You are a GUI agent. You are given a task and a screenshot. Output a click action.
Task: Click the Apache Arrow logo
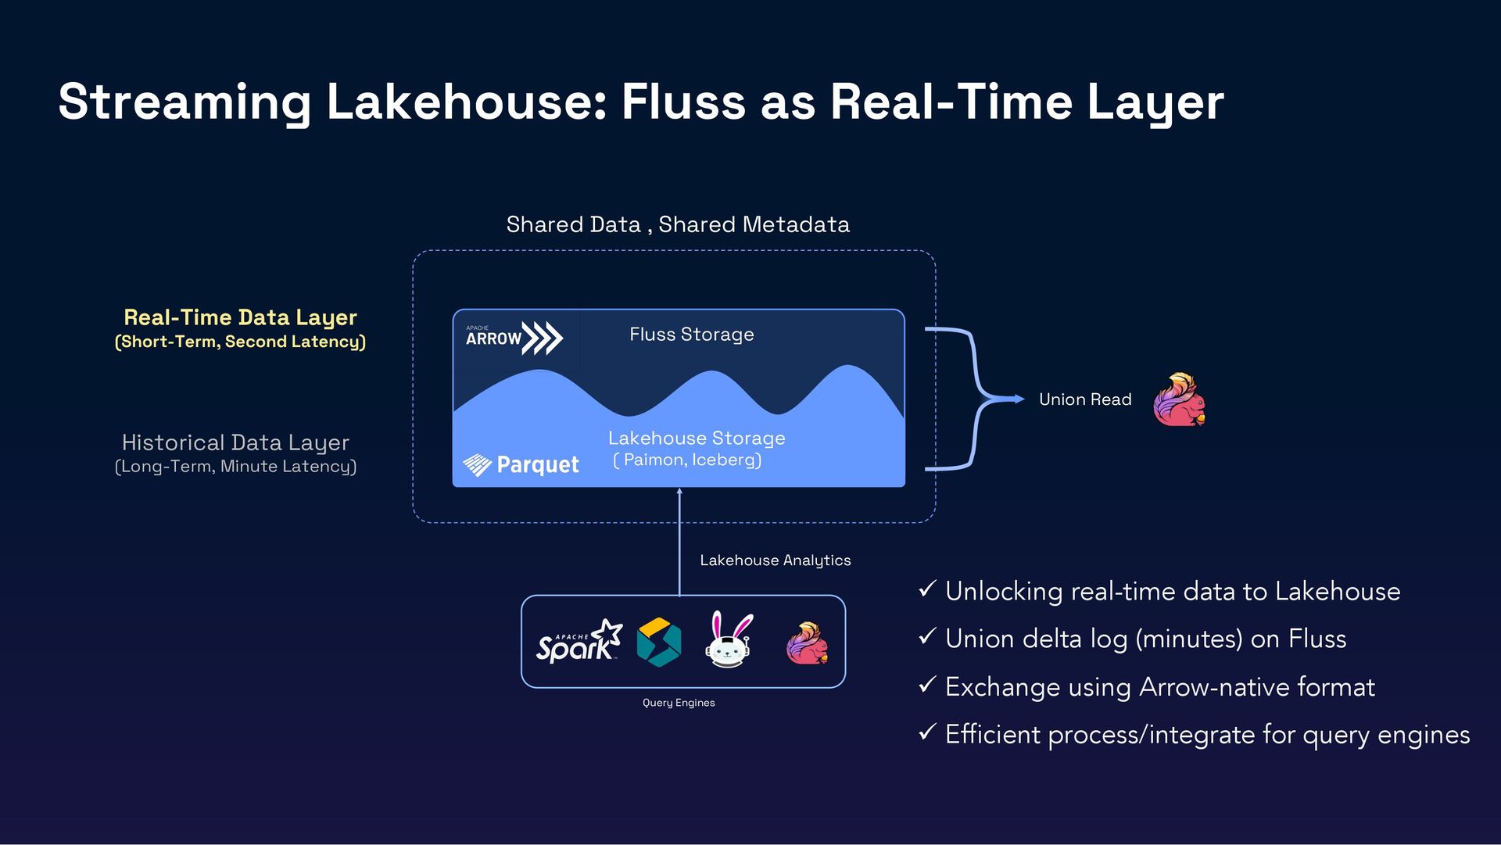point(514,338)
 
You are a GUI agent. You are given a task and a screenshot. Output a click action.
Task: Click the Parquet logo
point(521,465)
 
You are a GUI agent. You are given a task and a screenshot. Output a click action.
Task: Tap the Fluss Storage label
point(691,335)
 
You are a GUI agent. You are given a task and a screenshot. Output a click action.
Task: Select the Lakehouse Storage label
point(696,439)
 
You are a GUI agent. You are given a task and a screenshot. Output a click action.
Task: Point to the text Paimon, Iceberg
point(688,460)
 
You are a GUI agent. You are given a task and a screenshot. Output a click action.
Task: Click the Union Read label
point(1084,399)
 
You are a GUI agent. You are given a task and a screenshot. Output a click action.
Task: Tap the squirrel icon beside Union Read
point(1179,399)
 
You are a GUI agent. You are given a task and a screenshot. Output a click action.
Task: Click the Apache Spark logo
point(579,642)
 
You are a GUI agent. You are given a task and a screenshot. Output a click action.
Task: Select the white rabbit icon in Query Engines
point(729,640)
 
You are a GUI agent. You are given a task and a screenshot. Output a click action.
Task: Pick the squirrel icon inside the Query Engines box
point(806,643)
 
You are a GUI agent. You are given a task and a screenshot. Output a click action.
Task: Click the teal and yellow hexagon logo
point(658,642)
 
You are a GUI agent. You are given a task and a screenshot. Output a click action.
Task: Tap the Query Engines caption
point(679,703)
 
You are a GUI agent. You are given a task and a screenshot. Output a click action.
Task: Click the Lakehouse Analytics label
point(775,560)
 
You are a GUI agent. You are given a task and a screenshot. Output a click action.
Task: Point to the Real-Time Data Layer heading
point(240,317)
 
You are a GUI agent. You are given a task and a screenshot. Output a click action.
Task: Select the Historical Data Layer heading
point(235,442)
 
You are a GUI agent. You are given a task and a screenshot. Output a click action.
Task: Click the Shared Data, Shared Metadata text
point(678,225)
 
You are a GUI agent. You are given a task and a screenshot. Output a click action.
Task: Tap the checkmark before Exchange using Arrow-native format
point(927,685)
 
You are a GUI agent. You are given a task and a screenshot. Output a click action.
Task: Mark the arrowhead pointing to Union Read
point(1019,399)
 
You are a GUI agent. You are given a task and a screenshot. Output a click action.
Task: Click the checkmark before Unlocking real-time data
point(927,589)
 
